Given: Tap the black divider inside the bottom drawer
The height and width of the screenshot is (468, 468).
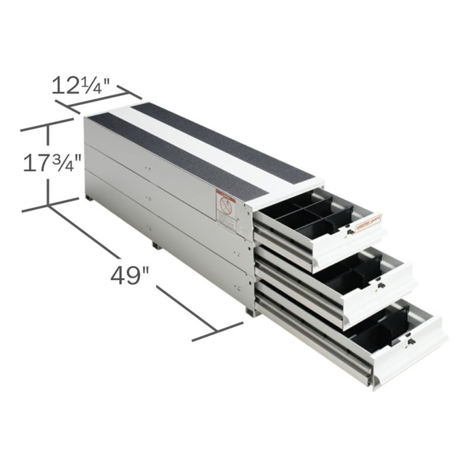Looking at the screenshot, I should coord(374,331).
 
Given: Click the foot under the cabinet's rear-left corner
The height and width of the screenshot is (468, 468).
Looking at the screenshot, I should coord(91,199).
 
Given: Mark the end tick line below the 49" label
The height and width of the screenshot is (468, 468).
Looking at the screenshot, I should coord(217,331).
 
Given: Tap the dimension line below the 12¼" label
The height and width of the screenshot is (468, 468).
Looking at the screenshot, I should coord(98,100).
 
